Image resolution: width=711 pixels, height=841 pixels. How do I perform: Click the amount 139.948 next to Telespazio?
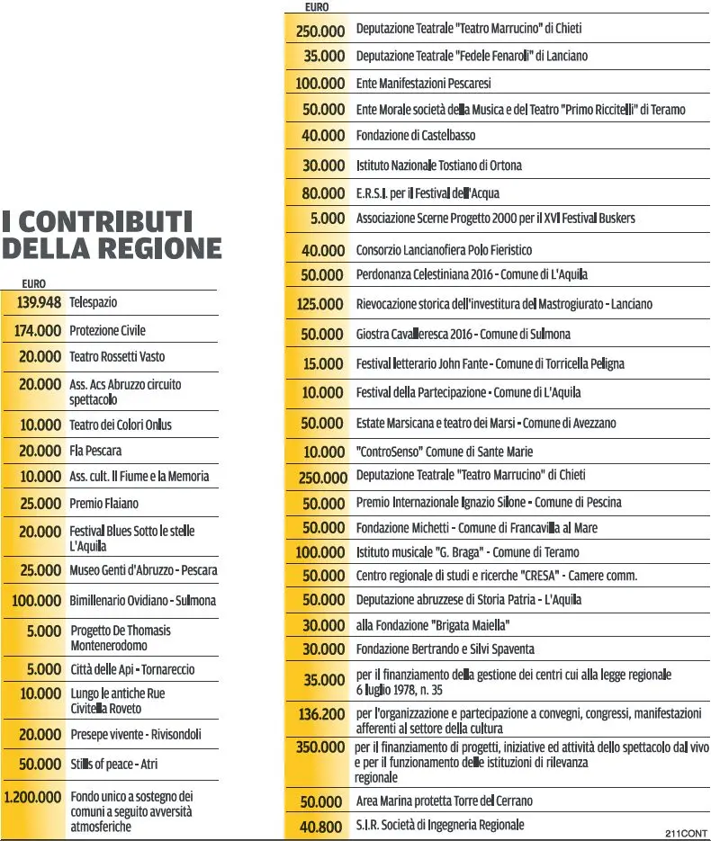[39, 302]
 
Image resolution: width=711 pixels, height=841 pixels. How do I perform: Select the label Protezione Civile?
[107, 330]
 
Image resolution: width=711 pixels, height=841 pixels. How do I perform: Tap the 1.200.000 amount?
[32, 797]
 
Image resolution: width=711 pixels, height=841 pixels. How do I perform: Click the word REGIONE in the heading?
[160, 248]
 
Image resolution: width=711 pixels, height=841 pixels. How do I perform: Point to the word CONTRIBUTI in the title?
[105, 221]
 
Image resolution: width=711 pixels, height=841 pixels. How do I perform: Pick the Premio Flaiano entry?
[104, 504]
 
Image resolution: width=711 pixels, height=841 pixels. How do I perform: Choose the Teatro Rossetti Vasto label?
[117, 357]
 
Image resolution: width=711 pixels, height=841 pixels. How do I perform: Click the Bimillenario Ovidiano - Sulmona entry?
[143, 601]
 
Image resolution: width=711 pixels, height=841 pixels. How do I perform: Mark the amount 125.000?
[319, 305]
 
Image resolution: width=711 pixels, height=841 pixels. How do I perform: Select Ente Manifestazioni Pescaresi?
[423, 84]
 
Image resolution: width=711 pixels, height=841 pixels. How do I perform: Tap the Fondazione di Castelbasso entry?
[416, 136]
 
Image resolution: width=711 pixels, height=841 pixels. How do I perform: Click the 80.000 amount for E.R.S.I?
[323, 193]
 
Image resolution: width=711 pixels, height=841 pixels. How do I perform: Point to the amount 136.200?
[321, 714]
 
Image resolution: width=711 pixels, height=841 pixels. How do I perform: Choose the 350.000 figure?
[320, 747]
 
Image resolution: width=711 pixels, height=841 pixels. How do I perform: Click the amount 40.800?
[321, 827]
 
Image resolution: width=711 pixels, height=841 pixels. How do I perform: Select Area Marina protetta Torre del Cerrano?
[445, 801]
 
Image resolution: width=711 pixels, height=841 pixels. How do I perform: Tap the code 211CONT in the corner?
[687, 834]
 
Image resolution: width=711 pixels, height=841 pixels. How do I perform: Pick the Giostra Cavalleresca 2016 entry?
[463, 335]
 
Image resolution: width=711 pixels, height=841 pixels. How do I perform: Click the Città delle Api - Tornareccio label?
[132, 670]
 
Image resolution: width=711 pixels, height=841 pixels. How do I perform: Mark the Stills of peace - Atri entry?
[113, 765]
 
